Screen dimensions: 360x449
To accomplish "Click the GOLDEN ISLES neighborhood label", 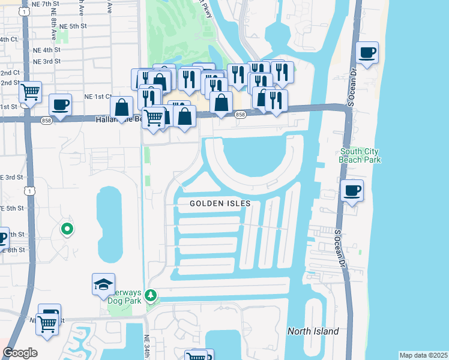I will [220, 203].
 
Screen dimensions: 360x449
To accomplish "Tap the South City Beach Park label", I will [360, 155].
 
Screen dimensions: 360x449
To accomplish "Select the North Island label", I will [313, 331].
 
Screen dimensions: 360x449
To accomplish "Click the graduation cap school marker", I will [103, 284].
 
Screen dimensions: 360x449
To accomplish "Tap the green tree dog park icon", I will [151, 295].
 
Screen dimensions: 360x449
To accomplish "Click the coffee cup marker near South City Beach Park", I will [352, 191].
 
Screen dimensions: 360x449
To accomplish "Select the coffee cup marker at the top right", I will [367, 53].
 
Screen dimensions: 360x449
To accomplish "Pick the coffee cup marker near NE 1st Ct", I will [60, 104].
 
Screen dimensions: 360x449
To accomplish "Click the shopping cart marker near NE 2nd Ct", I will [30, 92].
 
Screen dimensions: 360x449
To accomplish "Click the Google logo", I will [20, 353].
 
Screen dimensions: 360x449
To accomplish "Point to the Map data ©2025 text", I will [423, 355].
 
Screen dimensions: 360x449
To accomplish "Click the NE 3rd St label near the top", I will [47, 61].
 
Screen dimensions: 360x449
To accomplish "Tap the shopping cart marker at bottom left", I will [47, 323].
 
